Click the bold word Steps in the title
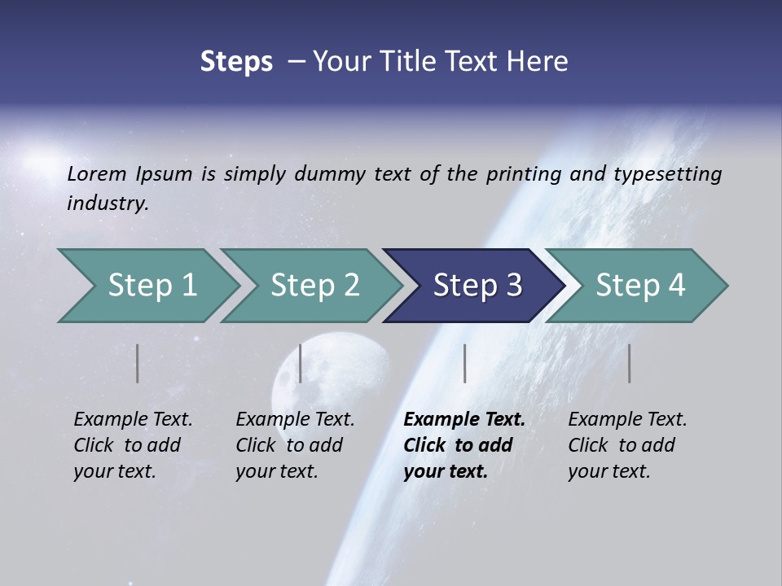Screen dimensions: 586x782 click(236, 61)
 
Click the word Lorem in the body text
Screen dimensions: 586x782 click(97, 173)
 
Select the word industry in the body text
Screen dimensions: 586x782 click(107, 203)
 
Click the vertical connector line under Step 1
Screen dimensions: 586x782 click(138, 363)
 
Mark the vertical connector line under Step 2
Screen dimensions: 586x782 click(301, 363)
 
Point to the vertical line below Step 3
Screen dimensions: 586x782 click(464, 363)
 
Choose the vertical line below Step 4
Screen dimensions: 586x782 click(630, 363)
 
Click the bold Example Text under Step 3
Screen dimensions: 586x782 click(464, 419)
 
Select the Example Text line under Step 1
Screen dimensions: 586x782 click(133, 419)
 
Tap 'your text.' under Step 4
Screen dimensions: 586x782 click(608, 471)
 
